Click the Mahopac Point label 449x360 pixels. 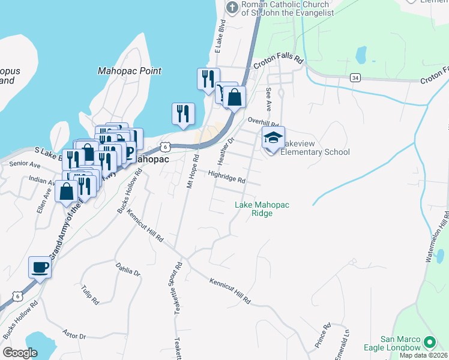click(x=129, y=71)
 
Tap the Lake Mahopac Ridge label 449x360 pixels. click(x=262, y=209)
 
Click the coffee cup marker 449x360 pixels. click(x=40, y=267)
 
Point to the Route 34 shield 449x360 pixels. click(x=355, y=77)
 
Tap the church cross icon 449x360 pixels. click(x=232, y=8)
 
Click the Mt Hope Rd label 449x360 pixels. click(x=193, y=172)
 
